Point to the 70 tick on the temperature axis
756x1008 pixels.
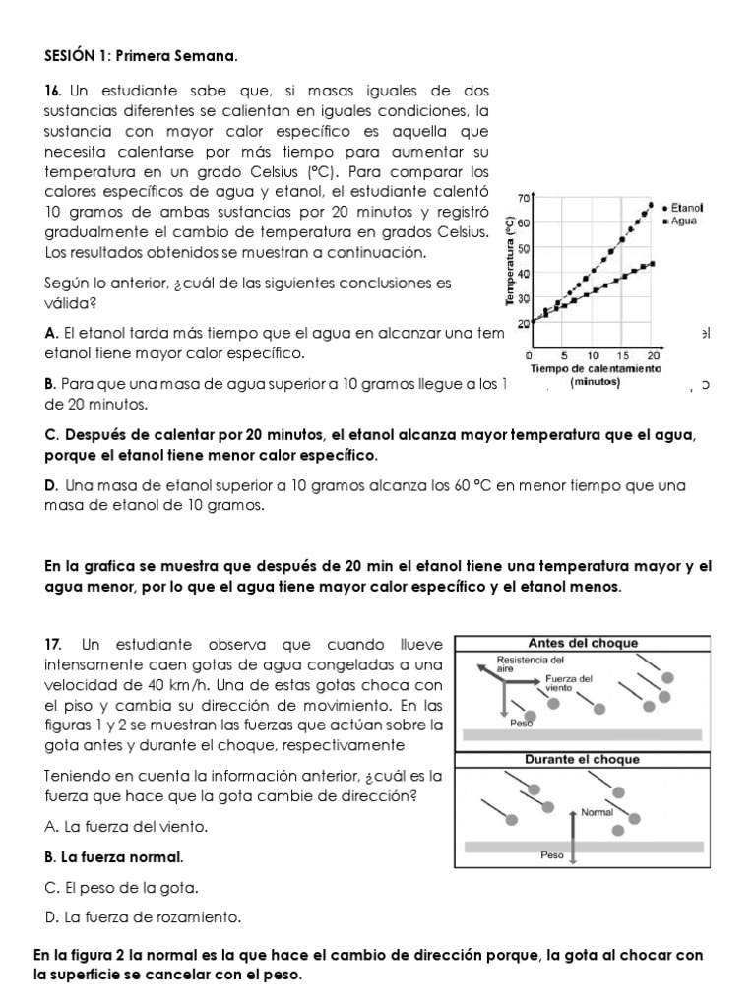tap(524, 198)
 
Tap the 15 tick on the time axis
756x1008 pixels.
tap(624, 355)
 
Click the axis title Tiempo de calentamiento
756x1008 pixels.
tap(595, 368)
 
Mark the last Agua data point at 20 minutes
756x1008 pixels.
tap(653, 264)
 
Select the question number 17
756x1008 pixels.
tap(53, 643)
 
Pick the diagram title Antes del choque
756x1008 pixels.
tap(583, 643)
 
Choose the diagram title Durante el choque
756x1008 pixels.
tap(581, 759)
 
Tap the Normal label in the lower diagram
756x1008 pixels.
tap(597, 813)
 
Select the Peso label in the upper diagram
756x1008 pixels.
tap(521, 722)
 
